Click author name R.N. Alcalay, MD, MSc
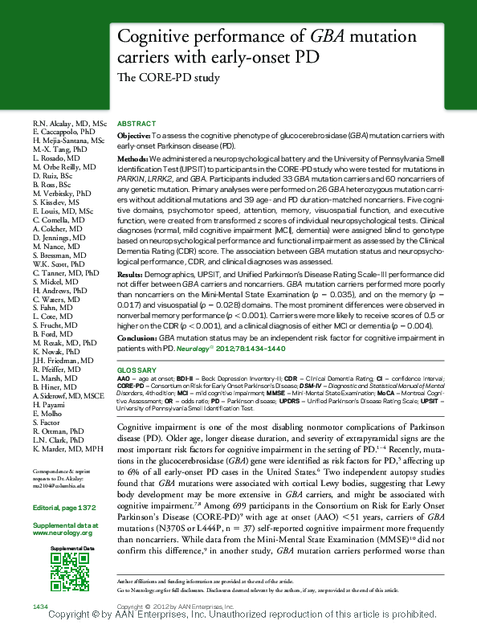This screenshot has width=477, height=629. (x=69, y=123)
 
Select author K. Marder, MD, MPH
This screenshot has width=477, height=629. (x=68, y=448)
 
